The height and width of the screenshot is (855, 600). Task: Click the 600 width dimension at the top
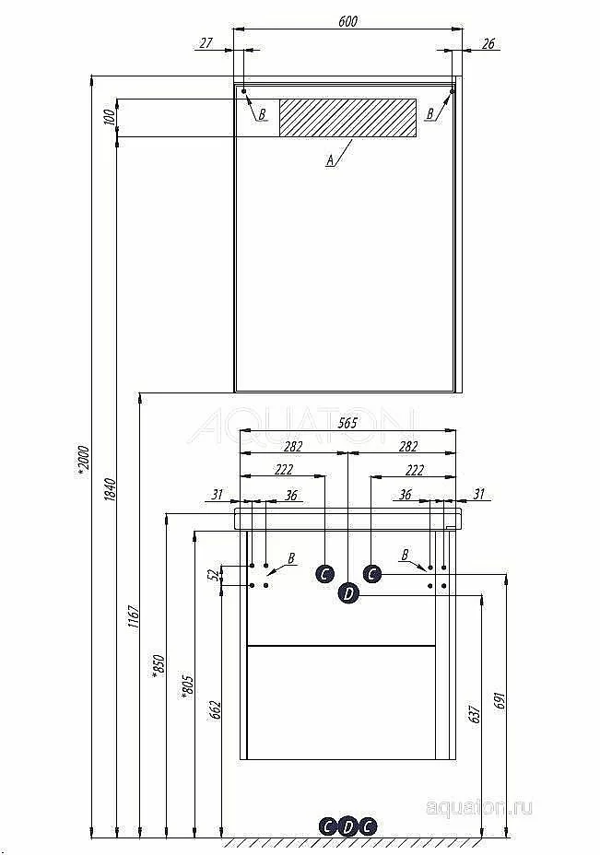click(348, 21)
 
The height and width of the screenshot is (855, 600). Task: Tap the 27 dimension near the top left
click(206, 42)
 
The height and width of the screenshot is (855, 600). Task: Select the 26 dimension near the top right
click(488, 43)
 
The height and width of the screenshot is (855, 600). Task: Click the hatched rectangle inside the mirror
click(348, 117)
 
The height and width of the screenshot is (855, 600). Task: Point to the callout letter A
click(330, 160)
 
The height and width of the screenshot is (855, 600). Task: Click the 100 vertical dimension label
click(109, 117)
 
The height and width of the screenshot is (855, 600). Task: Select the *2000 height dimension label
click(83, 461)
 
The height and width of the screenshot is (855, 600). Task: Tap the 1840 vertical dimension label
click(110, 489)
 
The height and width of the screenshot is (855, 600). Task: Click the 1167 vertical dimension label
click(134, 616)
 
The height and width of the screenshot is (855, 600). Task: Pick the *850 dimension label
click(159, 666)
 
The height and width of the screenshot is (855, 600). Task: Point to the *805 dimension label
click(187, 686)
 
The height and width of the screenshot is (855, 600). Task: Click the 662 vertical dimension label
click(216, 710)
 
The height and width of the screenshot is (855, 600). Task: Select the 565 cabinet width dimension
click(347, 423)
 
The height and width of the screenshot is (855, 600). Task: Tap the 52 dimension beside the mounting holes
click(214, 574)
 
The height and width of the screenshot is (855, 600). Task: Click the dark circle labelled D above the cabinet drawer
click(348, 593)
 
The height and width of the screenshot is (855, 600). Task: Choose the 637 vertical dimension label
click(475, 714)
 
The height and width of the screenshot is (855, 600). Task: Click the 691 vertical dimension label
click(500, 700)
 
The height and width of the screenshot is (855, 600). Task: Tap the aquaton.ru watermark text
click(479, 808)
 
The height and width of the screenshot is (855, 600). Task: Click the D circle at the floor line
click(348, 827)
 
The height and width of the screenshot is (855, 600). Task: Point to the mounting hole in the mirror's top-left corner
click(244, 91)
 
